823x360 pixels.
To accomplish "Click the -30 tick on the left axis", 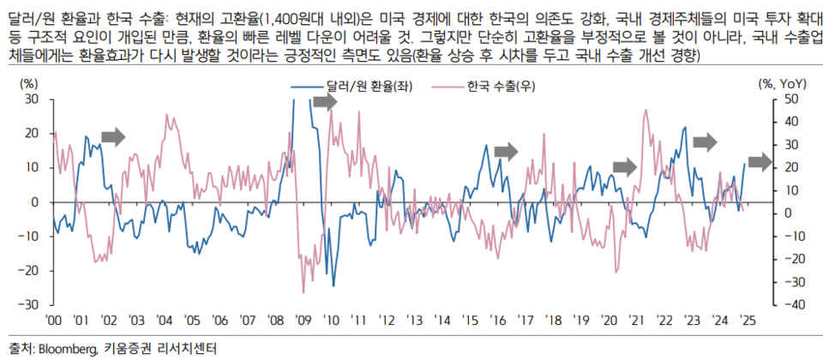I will pos(30,305).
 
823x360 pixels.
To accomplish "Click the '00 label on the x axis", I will pos(53,319).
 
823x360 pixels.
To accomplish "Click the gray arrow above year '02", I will pos(113,135).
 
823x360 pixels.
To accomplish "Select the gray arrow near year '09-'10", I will pos(325,102).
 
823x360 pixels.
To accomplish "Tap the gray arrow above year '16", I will pos(507,151).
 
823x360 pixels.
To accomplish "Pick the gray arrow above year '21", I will pos(628,165).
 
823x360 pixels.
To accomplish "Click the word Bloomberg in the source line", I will pos(66,349).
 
